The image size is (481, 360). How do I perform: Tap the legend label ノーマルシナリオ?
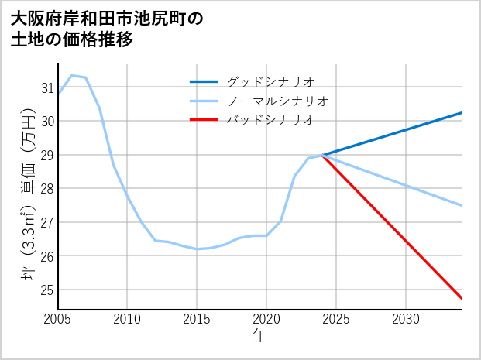(x=278, y=101)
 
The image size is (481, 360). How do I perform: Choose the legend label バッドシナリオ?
(x=270, y=120)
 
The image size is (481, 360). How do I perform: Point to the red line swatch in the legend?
(x=204, y=120)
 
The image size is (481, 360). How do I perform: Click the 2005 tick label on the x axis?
(x=57, y=319)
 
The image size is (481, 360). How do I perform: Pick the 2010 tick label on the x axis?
(x=127, y=319)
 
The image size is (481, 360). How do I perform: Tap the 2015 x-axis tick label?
(x=197, y=319)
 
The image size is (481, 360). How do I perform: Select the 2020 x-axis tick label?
(x=266, y=319)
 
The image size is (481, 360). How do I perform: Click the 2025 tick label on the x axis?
(x=336, y=319)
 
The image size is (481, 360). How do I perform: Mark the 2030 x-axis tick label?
(x=406, y=319)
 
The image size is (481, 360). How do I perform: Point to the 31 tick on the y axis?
(x=47, y=87)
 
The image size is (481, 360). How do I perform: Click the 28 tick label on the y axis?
(x=47, y=188)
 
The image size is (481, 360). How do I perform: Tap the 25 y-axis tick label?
(x=47, y=290)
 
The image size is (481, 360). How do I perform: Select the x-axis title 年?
(x=259, y=336)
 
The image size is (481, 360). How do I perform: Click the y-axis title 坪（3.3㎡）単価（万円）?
(x=28, y=198)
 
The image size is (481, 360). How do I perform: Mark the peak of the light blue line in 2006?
(x=71, y=75)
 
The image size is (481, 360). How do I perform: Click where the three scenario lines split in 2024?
(x=322, y=155)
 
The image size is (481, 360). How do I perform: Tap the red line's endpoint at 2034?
(x=462, y=298)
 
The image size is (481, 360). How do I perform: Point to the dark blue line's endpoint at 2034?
(x=462, y=113)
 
